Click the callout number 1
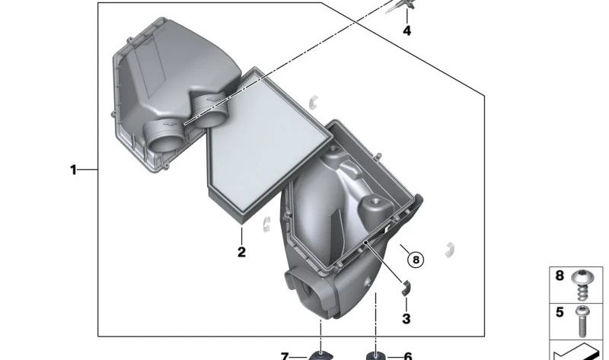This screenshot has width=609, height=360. coord(73,170)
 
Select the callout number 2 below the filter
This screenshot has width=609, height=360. coord(241,252)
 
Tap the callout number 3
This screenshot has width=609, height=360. coord(407,319)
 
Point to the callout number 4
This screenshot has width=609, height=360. coord(407,30)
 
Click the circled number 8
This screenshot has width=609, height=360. coord(416,260)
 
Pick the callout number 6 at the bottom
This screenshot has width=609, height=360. coord(408,356)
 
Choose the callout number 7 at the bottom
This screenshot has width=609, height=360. coord(285,356)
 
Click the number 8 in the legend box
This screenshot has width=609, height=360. coord(560,276)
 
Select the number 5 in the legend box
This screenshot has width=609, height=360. coord(560,312)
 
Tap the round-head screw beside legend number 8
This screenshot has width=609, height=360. coord(582,285)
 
